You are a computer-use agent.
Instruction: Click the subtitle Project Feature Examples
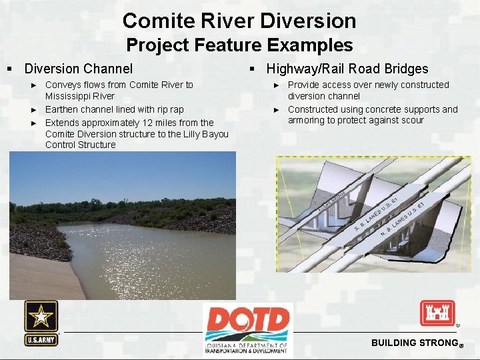[x=239, y=45]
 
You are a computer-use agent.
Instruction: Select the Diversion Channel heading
[x=78, y=69]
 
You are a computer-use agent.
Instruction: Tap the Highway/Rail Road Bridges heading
[x=347, y=69]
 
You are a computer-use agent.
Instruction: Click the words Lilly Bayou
[x=206, y=134]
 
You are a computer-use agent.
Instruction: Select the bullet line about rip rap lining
[x=113, y=109]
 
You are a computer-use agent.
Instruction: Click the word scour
[x=411, y=121]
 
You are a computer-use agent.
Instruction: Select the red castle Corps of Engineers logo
[x=437, y=313]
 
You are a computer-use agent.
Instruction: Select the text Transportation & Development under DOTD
[x=247, y=351]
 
